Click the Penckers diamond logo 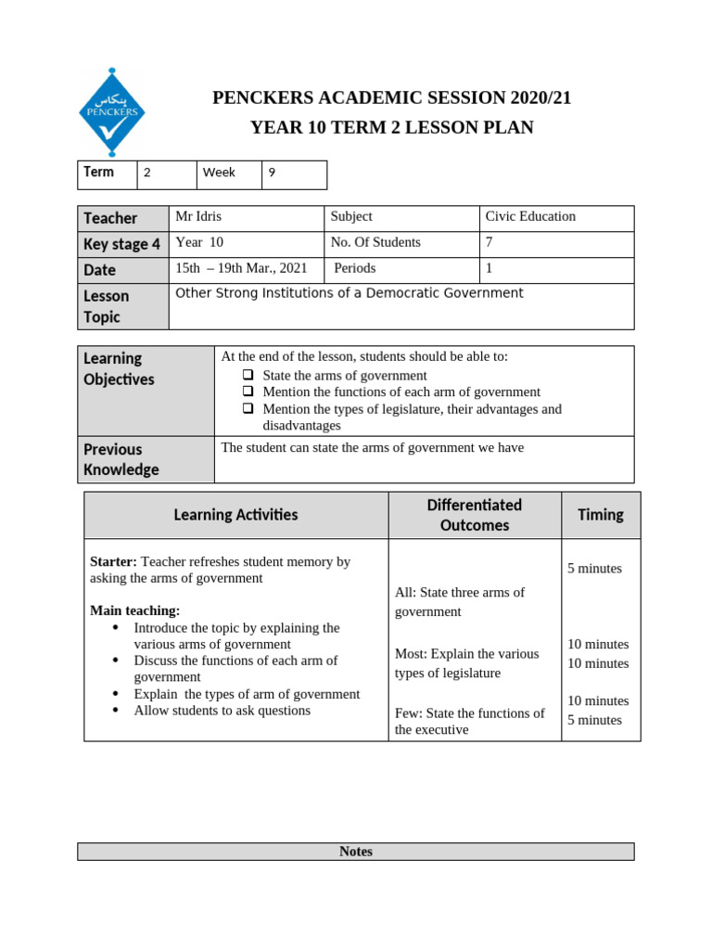(111, 112)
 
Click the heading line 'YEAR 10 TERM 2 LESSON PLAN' (391, 128)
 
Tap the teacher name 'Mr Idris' (198, 216)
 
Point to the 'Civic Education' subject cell (530, 216)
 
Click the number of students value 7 (489, 242)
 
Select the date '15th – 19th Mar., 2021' (241, 268)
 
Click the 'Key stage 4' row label (121, 244)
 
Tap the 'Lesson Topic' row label (107, 306)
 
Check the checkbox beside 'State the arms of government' (248, 376)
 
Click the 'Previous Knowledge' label (121, 459)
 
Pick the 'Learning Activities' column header (235, 515)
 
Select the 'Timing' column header (600, 515)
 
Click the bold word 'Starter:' (113, 561)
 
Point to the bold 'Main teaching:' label (134, 610)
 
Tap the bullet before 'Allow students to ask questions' (116, 711)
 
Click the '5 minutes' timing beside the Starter (594, 569)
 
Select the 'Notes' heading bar (355, 852)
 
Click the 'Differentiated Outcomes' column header (474, 515)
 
